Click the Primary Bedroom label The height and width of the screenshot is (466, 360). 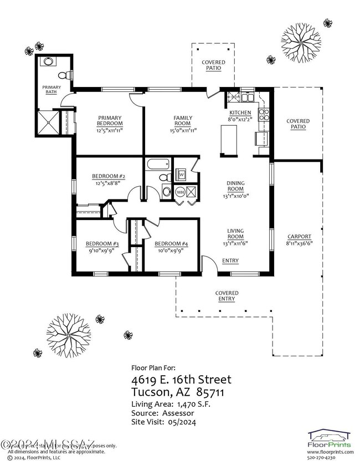pos(110,120)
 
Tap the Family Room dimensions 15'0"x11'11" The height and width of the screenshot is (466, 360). pos(183,130)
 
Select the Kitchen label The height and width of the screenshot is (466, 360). pos(239,112)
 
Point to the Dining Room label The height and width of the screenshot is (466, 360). pos(235,186)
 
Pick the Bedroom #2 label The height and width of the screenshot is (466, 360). pos(109,177)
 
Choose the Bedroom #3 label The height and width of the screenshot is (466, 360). pos(102,244)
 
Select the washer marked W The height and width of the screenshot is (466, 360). pos(181,175)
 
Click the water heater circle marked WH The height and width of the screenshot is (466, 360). pos(180,192)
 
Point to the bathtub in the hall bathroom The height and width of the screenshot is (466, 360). pos(158,165)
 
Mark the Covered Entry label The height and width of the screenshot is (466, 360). pos(227,296)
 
